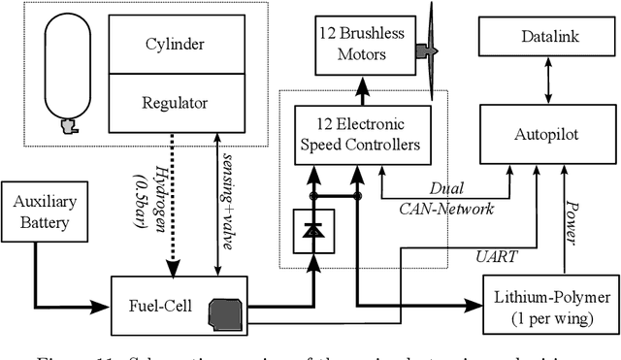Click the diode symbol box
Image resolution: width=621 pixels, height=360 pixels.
(313, 232)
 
